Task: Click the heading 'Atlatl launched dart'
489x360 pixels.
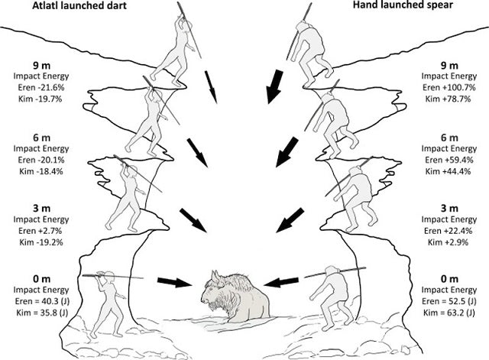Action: click(79, 5)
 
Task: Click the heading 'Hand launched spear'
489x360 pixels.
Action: click(403, 5)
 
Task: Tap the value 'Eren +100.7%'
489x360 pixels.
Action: click(449, 87)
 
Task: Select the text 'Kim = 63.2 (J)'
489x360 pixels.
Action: click(449, 313)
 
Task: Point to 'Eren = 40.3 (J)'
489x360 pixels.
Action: click(41, 301)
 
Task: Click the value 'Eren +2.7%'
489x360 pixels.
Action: click(40, 231)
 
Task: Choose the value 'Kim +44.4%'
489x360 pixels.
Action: click(449, 171)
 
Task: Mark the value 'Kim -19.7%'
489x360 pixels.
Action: click(40, 99)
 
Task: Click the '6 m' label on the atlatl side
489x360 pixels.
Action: click(41, 138)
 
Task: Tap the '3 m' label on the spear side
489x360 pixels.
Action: click(449, 208)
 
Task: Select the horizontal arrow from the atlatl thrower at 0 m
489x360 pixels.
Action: click(174, 281)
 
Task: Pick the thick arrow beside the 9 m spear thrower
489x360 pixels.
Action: click(274, 86)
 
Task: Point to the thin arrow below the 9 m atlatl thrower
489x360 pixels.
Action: click(211, 87)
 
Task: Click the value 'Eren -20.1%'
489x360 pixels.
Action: click(40, 160)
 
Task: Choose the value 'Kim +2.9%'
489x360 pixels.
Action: click(449, 242)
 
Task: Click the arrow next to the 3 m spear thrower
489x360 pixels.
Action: click(290, 221)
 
